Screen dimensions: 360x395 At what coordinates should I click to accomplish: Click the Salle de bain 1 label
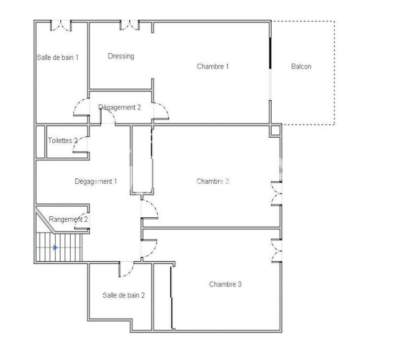click(58, 57)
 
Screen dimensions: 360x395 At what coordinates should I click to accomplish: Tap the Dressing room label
click(121, 56)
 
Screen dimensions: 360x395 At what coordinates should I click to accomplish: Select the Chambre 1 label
click(212, 66)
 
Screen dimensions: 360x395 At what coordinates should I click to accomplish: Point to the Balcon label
click(301, 66)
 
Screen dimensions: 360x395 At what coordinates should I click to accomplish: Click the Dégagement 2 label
click(119, 107)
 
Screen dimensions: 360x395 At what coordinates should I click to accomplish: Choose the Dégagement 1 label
click(96, 181)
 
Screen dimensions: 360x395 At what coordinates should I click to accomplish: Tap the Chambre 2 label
click(212, 181)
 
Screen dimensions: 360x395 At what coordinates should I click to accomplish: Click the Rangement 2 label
click(69, 219)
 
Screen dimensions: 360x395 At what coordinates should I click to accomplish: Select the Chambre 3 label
click(225, 284)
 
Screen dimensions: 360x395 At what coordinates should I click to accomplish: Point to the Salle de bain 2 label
click(123, 295)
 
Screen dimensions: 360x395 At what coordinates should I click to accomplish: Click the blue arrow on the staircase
click(55, 247)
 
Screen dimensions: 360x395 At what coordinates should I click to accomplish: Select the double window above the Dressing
click(130, 25)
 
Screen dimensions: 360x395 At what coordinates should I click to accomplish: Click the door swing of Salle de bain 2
click(127, 269)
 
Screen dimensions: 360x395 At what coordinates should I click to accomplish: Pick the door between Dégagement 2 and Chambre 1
click(161, 112)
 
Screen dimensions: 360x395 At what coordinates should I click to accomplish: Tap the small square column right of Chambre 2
click(276, 130)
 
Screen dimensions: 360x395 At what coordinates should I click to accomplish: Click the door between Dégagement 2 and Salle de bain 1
click(81, 108)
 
